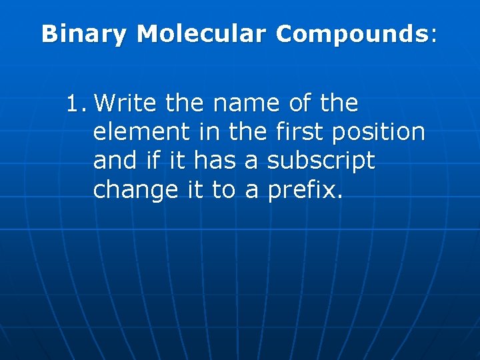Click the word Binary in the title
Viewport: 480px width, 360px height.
(83, 35)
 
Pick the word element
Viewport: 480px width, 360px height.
(141, 133)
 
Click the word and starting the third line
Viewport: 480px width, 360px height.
(113, 161)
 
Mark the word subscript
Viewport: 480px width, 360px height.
(321, 161)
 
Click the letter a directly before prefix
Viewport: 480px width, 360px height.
(252, 191)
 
